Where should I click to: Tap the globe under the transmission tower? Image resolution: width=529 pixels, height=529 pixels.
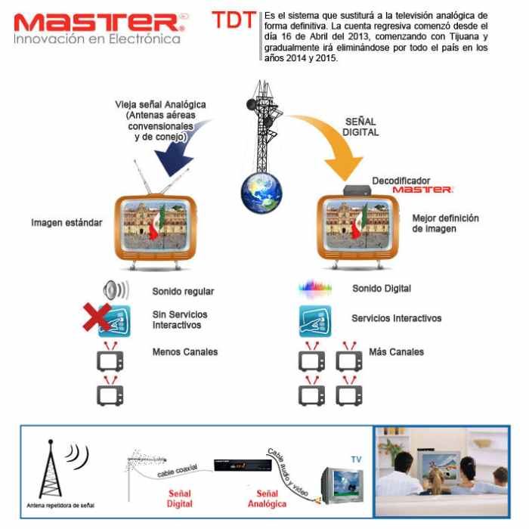coord(261,194)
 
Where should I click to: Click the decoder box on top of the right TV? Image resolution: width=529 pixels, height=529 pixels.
coord(357,190)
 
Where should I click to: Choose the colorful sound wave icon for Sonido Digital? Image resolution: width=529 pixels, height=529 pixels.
coord(315,288)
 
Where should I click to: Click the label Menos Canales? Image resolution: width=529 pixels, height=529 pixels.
coord(184,351)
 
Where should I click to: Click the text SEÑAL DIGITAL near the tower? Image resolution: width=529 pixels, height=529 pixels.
coord(361,126)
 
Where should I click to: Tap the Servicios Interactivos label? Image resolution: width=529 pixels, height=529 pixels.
coord(396,318)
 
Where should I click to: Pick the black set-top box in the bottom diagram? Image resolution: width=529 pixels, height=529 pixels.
coord(235,466)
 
